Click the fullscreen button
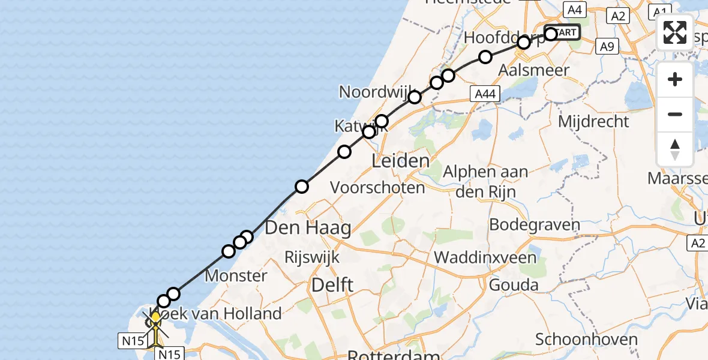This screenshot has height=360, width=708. (675, 32)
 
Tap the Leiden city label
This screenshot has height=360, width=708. (401, 161)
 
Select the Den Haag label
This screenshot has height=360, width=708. (308, 227)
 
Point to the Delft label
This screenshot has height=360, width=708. (332, 285)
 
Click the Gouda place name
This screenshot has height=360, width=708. (514, 284)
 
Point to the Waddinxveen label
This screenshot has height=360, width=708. (485, 257)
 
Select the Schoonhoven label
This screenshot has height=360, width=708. (586, 340)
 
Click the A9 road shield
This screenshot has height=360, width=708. (607, 47)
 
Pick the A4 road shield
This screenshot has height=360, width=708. (574, 10)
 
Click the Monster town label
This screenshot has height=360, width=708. (236, 276)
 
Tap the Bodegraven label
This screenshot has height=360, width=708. (535, 226)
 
